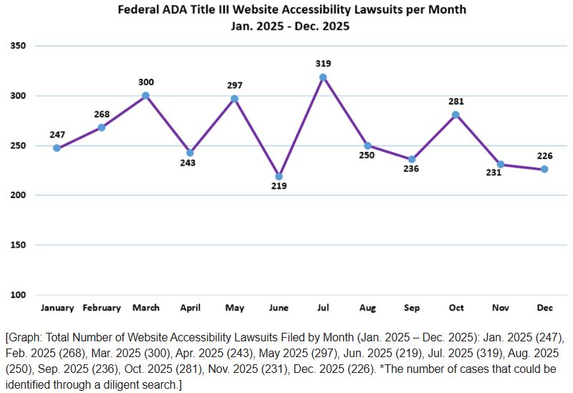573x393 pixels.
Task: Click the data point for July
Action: [323, 77]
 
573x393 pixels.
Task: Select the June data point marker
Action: [279, 176]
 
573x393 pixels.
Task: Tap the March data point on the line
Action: [145, 95]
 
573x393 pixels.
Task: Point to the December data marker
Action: [544, 169]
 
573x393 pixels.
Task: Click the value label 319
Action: [323, 64]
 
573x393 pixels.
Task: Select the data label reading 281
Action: [456, 101]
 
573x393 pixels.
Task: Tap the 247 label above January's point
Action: [57, 135]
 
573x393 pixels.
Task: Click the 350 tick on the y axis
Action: [18, 46]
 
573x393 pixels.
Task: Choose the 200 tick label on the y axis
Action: [18, 195]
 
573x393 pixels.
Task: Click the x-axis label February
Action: [102, 308]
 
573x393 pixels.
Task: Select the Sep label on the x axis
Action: [412, 308]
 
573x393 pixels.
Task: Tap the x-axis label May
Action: [234, 308]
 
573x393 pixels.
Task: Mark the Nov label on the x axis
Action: [500, 308]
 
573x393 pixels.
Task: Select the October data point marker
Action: [456, 115]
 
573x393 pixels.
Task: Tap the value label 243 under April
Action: [190, 164]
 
